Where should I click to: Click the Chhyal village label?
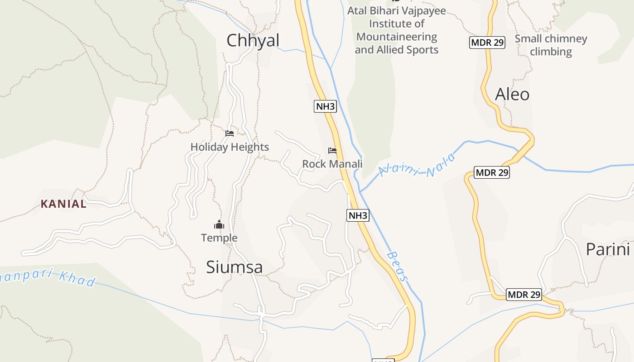253,41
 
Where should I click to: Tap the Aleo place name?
512,95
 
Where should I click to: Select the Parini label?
608,249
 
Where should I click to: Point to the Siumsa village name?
234,267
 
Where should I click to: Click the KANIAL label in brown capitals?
63,204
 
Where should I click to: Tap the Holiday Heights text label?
230,147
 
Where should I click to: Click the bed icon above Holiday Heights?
230,133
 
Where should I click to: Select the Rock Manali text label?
332,164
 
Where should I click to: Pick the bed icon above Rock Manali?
332,151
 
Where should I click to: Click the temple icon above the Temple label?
219,224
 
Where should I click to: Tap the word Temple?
219,238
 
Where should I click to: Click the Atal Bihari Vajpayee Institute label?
396,30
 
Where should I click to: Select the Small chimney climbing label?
551,45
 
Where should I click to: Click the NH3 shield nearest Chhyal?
325,107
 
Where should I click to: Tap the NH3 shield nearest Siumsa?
358,215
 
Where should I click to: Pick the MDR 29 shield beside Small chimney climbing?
487,43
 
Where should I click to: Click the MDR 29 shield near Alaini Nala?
492,172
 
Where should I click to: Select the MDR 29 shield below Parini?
524,295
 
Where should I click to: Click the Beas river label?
398,267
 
